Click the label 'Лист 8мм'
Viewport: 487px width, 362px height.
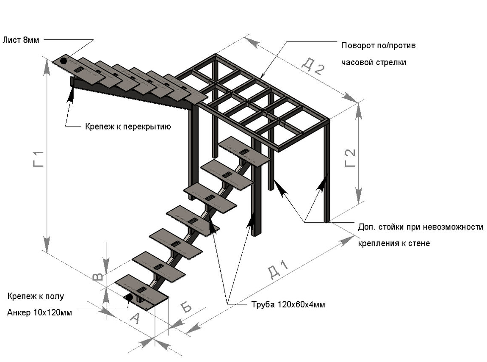click(x=20, y=40)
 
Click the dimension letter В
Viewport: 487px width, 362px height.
click(x=97, y=277)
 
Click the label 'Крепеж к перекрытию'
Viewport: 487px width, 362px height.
click(x=127, y=126)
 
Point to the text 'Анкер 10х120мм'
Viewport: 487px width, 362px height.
click(x=39, y=313)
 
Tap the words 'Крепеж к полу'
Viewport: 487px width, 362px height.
click(x=35, y=296)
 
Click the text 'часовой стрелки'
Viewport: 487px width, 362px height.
click(x=374, y=62)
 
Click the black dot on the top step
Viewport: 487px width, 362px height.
click(x=64, y=61)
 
